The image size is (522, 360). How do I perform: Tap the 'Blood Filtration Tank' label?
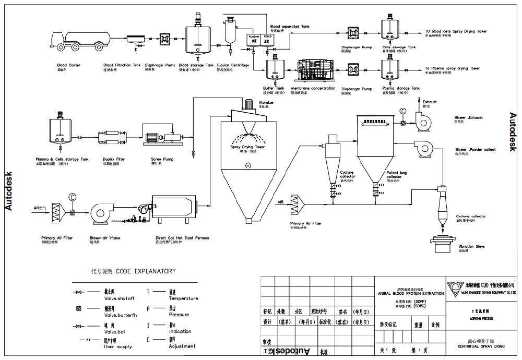(x=122, y=65)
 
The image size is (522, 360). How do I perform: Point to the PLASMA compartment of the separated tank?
(x=253, y=39)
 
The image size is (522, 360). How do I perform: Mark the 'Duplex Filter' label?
(x=114, y=159)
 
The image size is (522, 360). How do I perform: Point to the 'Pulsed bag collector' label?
(x=394, y=174)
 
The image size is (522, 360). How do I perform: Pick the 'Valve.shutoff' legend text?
(x=120, y=298)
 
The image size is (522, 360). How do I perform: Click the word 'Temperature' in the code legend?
(x=183, y=298)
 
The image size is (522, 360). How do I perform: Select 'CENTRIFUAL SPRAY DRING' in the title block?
(x=481, y=346)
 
